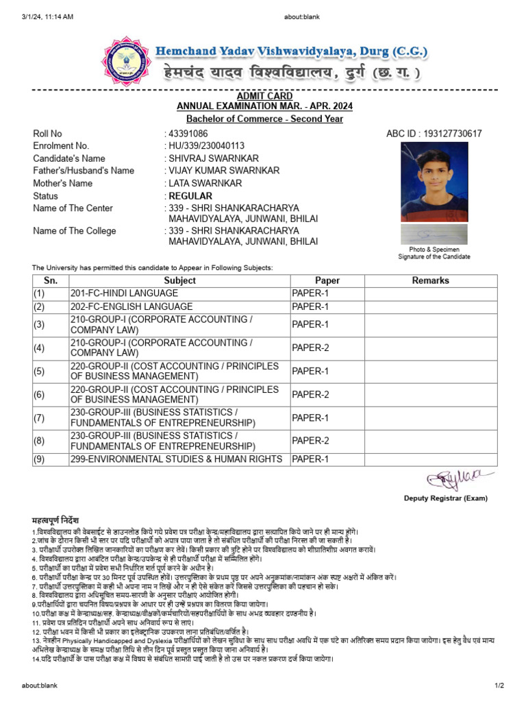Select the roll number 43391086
tap(188, 134)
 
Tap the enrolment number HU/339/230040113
tap(206, 146)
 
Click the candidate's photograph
tap(434, 182)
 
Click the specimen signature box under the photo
tap(434, 234)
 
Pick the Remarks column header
tap(430, 280)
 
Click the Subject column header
tap(179, 280)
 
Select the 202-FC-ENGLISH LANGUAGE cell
tap(131, 306)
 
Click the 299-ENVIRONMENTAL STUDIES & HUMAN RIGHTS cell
tap(176, 459)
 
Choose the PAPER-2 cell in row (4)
tap(310, 348)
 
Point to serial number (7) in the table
tap(39, 417)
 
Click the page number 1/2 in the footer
tap(499, 686)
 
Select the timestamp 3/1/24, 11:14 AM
tap(47, 16)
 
